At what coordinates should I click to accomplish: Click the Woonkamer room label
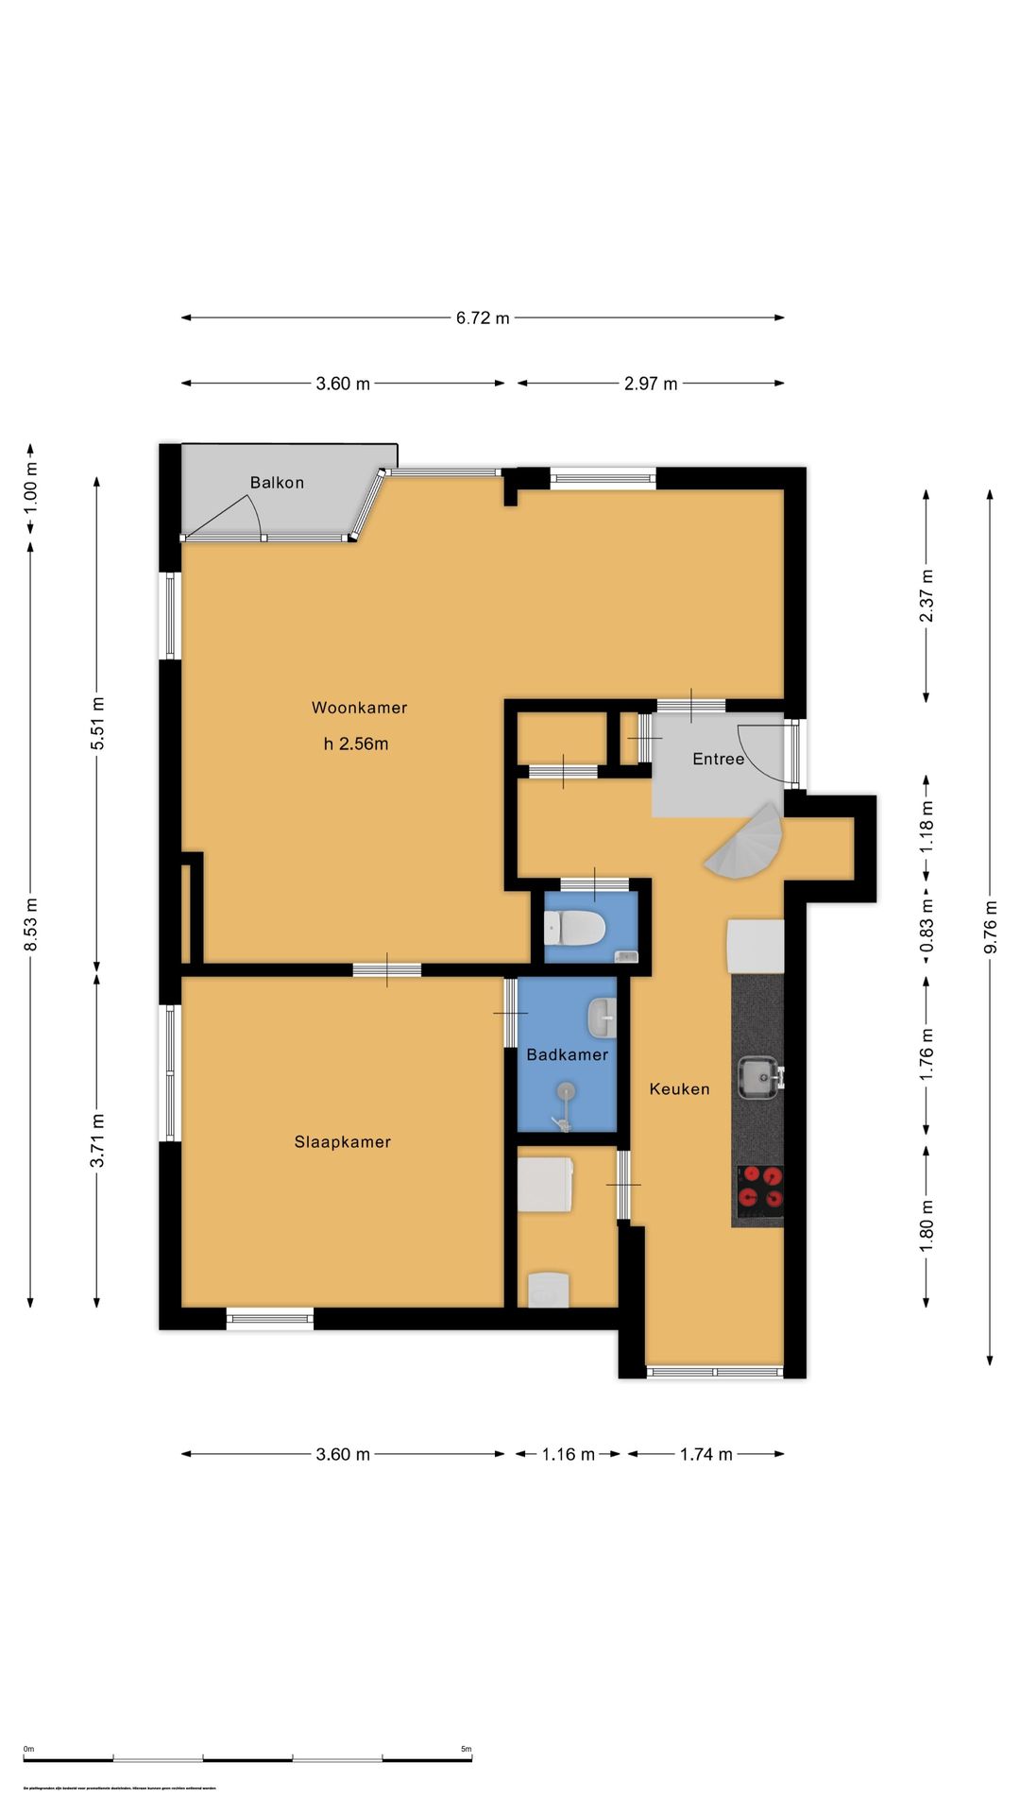pos(359,708)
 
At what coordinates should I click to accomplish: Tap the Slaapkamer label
pos(342,1141)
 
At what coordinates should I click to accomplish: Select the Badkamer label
pos(567,1054)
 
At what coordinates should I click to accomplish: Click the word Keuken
pos(679,1088)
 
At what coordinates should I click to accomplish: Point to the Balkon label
pos(277,483)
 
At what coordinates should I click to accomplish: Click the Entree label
pos(718,759)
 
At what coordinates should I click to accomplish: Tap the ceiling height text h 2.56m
pos(356,744)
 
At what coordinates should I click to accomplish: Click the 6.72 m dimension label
pos(483,317)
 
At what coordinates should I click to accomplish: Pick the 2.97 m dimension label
pos(651,384)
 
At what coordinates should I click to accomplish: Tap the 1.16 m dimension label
pos(568,1454)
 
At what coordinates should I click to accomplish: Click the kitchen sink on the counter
pos(758,1077)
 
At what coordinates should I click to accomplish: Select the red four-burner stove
pos(760,1188)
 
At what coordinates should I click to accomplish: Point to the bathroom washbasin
pos(602,1018)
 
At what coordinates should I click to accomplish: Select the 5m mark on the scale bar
pos(467,1749)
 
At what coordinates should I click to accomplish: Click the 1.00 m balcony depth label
pos(30,491)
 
